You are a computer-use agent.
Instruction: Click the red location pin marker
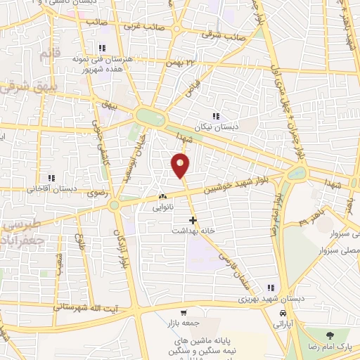coord(181,165)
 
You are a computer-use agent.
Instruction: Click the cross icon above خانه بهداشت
coord(193,220)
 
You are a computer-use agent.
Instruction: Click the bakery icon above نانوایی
coord(163,197)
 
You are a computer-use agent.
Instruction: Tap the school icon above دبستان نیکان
coord(216,117)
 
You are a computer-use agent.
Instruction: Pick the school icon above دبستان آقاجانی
coord(50,178)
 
